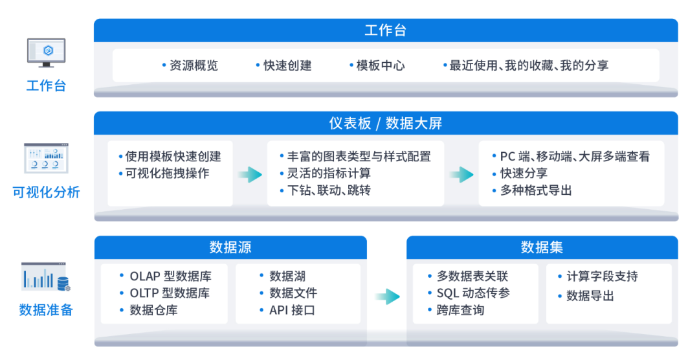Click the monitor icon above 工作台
click(x=46, y=52)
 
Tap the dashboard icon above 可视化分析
click(x=46, y=158)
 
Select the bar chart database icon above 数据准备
click(x=46, y=277)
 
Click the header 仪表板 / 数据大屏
click(x=386, y=123)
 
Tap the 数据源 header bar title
click(x=230, y=247)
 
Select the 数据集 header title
click(x=542, y=247)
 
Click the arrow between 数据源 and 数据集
click(x=387, y=297)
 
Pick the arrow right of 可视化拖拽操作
click(x=250, y=174)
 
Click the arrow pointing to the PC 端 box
click(x=461, y=174)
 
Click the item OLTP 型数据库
click(x=170, y=293)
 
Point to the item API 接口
click(x=292, y=310)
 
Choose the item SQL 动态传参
click(x=473, y=293)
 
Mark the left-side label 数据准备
click(x=46, y=310)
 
